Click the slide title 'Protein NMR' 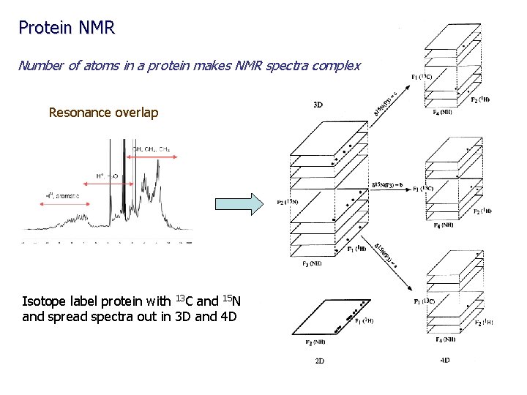pos(67,28)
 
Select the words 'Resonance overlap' pos(102,113)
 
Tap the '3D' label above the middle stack pos(318,105)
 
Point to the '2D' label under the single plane pos(320,361)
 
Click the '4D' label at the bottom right pos(445,360)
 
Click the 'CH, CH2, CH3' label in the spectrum pos(152,149)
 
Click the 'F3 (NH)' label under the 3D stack pos(311,263)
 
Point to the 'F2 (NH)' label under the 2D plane pos(315,341)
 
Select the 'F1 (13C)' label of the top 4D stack pos(423,77)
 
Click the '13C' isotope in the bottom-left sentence pos(184,301)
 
